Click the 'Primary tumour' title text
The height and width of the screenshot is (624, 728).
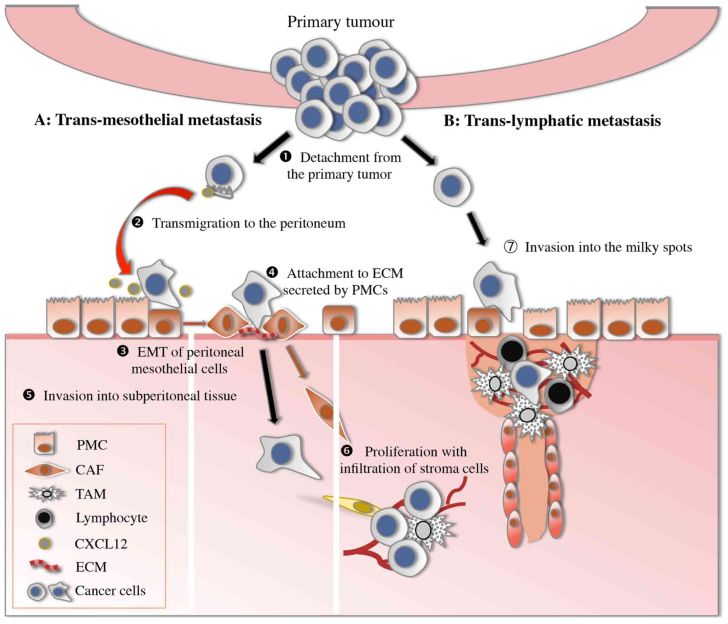pos(340,22)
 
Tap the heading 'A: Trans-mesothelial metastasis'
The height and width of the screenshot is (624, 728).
pos(148,120)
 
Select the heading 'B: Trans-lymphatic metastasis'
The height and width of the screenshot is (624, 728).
pos(552,121)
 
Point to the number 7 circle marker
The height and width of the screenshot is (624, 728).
pos(510,247)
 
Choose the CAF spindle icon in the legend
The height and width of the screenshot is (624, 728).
pos(45,470)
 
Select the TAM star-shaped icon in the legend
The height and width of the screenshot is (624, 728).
pos(47,494)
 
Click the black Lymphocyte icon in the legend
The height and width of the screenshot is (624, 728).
pos(44,518)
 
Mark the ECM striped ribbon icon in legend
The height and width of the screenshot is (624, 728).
pos(45,566)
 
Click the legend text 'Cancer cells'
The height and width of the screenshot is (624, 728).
pos(110,591)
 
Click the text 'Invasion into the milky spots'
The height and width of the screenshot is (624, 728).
pos(608,247)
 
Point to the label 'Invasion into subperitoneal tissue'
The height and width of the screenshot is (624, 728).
pos(140,396)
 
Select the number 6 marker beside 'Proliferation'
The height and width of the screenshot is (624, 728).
pos(347,451)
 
